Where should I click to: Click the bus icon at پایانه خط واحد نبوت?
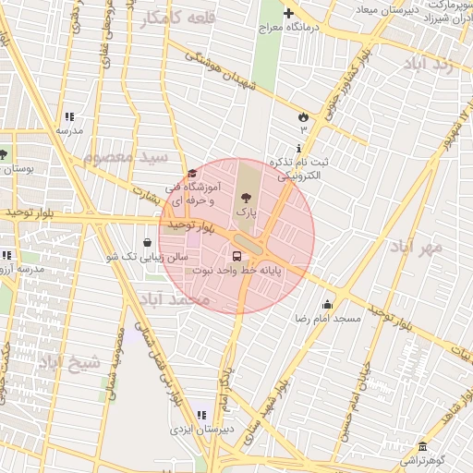[x=237, y=256]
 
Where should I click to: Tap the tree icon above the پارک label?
[x=245, y=196]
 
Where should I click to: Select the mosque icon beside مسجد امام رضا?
[x=327, y=304]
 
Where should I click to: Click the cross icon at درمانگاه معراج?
[x=288, y=13]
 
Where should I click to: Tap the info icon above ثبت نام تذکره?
[x=297, y=149]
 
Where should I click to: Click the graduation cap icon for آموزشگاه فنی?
[x=192, y=174]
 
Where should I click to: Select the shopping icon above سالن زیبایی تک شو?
[x=147, y=242]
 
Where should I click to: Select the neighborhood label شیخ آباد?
[x=68, y=362]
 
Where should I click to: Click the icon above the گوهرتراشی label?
[x=421, y=446]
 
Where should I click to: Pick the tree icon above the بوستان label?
[x=4, y=154]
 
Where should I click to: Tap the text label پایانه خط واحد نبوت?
[x=236, y=271]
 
